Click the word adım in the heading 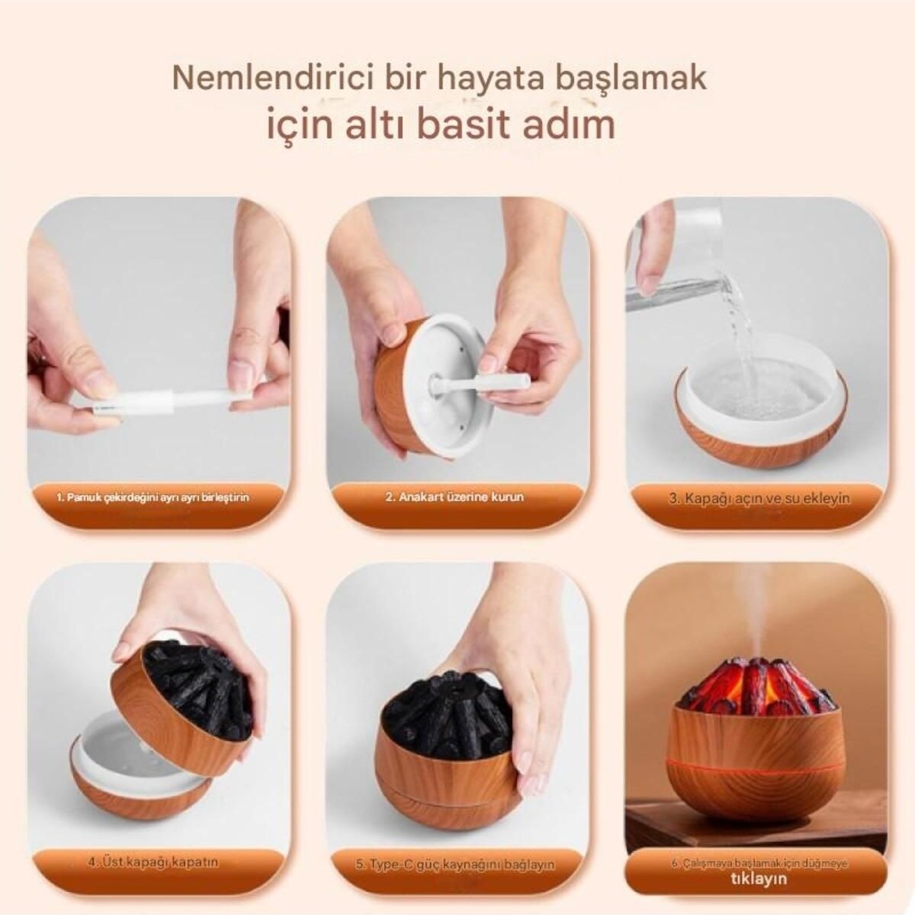(x=570, y=124)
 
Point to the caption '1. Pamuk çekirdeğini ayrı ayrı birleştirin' (x=152, y=498)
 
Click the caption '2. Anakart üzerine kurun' (x=454, y=497)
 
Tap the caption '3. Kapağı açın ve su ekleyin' (x=759, y=499)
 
